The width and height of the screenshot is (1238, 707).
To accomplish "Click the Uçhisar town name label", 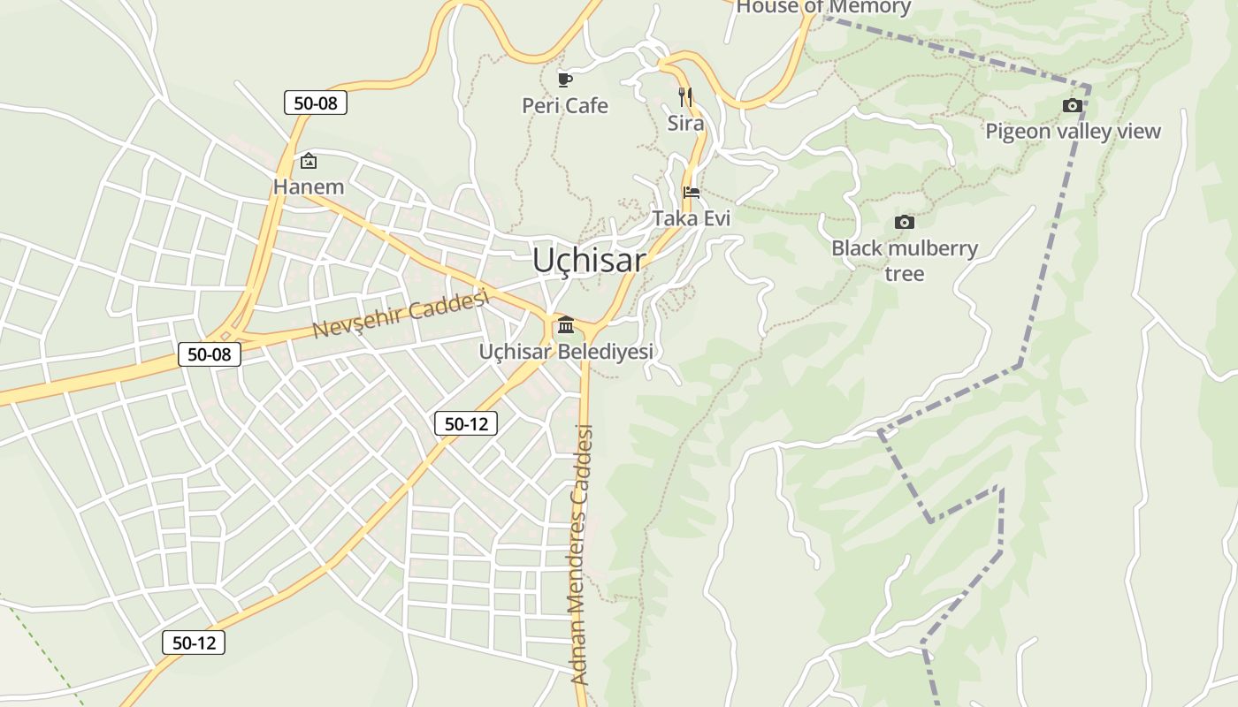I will tap(589, 261).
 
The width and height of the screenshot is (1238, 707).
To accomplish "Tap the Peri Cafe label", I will tap(565, 106).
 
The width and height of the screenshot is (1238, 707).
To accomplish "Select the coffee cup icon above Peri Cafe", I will tap(564, 80).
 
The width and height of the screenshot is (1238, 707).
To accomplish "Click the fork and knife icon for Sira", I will tap(685, 96).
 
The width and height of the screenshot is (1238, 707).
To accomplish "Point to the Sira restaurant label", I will tap(685, 123).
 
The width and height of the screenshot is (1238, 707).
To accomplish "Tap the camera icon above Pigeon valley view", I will tap(1073, 106).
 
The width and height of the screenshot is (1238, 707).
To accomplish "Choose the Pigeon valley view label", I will tap(1073, 132).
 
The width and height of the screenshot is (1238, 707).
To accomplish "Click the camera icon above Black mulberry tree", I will tap(904, 222).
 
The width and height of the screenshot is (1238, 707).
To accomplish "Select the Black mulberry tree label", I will tap(904, 261).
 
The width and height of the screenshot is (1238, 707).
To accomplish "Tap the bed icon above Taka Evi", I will tap(692, 192).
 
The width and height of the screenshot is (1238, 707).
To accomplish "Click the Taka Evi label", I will tap(692, 217).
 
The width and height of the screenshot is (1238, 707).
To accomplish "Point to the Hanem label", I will tap(308, 186).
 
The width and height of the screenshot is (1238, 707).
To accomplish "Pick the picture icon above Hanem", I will tap(308, 161).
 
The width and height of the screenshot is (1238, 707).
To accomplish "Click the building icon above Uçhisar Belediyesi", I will tap(566, 325).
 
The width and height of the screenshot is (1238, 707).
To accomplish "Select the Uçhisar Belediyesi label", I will tap(566, 352).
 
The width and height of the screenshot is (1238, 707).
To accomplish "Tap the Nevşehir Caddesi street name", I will tap(401, 315).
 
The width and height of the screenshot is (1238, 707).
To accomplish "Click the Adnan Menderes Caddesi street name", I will tap(580, 555).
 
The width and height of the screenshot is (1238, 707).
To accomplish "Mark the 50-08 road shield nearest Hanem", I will tap(316, 103).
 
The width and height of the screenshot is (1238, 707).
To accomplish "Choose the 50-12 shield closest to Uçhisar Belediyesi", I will tap(466, 424).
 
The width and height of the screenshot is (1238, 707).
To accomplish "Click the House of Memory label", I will tap(822, 8).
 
